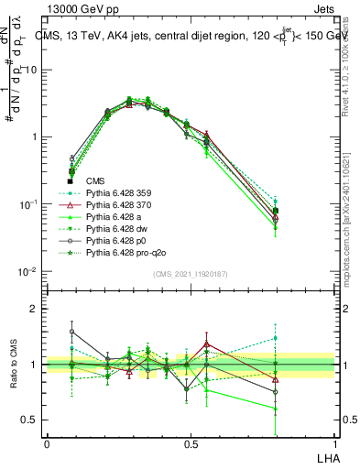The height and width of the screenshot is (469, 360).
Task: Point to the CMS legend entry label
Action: [95, 181]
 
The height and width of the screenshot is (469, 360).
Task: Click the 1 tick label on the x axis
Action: [333, 443]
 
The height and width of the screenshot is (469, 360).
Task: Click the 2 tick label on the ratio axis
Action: [34, 310]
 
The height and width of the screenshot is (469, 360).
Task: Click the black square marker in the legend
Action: [71, 181]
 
